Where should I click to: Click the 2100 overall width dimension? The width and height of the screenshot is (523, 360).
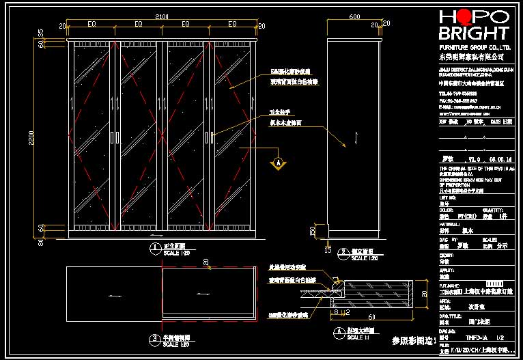click(x=162, y=16)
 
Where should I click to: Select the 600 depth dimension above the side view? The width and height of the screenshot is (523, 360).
click(x=354, y=16)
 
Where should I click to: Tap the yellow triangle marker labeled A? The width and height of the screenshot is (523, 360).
click(x=278, y=163)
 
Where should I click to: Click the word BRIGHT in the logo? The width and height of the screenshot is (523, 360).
click(x=473, y=33)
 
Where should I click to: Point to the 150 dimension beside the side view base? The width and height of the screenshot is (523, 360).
click(x=313, y=231)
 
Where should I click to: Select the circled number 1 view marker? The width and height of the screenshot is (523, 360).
click(x=150, y=246)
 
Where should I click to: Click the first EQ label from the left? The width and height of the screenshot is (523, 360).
click(x=91, y=24)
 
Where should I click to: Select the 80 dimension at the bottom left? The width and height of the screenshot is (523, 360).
click(x=40, y=241)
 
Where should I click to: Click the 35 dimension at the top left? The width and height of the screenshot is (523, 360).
click(x=40, y=32)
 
